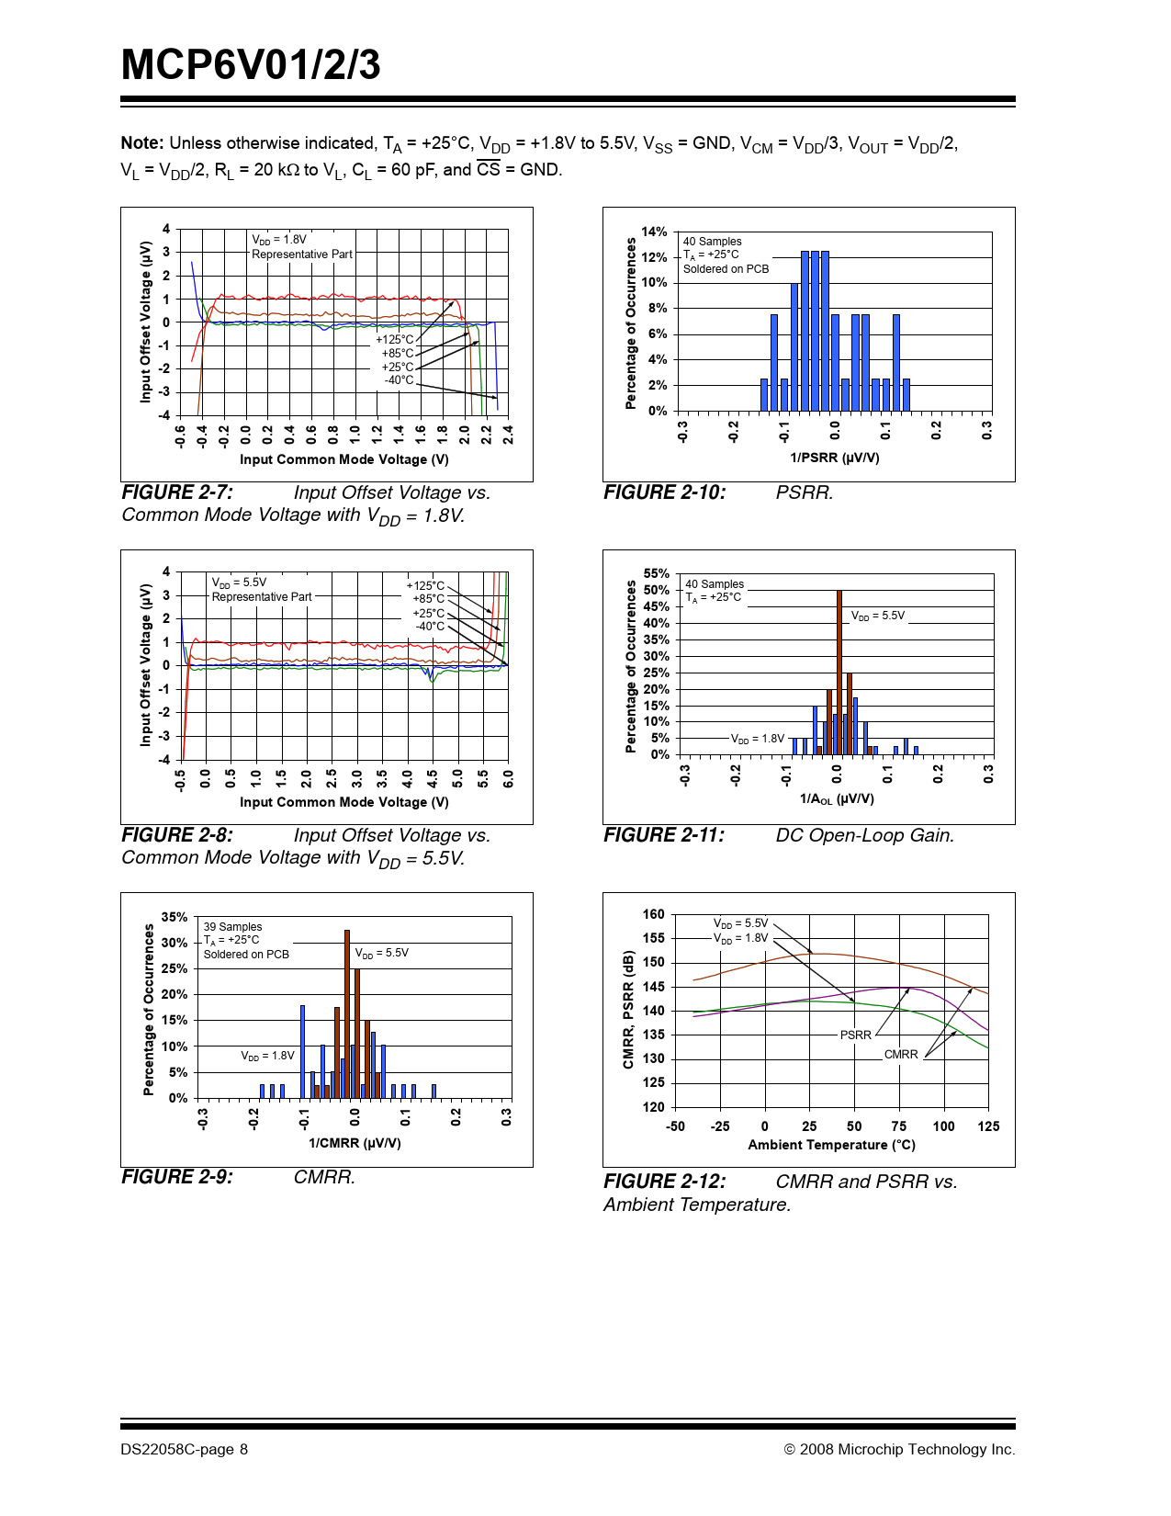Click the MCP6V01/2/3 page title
251,65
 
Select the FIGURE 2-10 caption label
664,492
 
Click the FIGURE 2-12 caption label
664,1182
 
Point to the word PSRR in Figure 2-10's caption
804,492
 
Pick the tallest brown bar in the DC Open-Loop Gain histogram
839,671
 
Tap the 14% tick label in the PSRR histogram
654,232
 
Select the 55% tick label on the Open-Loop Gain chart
656,573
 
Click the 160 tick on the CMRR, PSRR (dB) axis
653,914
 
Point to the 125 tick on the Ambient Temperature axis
988,1126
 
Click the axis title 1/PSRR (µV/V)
834,458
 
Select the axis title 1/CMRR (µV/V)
355,1143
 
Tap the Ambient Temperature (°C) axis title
831,1145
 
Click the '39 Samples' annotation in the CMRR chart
232,926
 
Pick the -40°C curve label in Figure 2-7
399,380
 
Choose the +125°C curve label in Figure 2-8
425,585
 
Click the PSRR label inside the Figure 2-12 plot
855,1035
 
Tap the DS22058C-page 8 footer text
184,1449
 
